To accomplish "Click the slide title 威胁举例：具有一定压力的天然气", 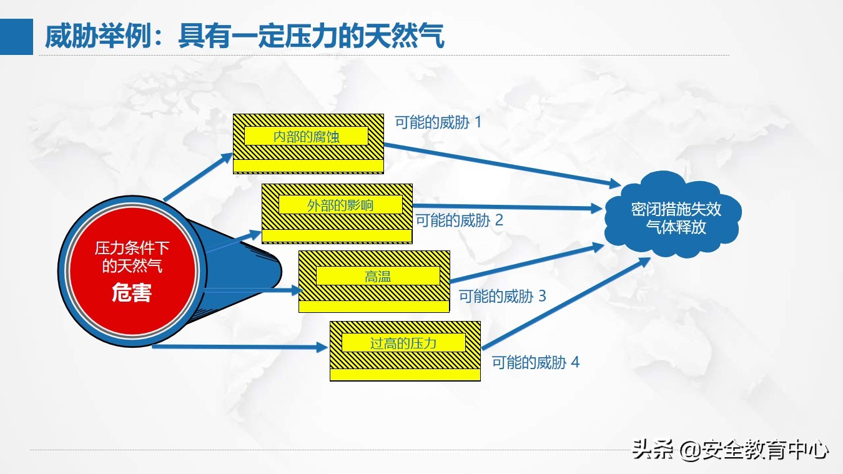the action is [x=245, y=36].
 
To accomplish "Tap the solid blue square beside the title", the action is [x=17, y=36].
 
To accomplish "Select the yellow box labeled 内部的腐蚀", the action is [x=308, y=144].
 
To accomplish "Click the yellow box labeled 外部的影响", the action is [x=337, y=214].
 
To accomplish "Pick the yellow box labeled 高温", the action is [x=374, y=282].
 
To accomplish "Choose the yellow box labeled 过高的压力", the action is [x=405, y=351].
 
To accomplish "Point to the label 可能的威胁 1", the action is [x=438, y=122].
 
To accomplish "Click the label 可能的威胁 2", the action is [x=459, y=220].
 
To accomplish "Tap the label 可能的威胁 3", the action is [x=503, y=296].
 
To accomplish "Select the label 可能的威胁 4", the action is [x=536, y=363].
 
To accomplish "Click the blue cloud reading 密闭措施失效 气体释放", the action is [x=673, y=214].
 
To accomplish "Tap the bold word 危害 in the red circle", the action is [x=132, y=292].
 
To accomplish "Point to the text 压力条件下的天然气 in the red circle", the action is [x=132, y=257].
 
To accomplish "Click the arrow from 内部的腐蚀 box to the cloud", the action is [x=503, y=165].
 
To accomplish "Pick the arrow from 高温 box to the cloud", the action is [x=527, y=263].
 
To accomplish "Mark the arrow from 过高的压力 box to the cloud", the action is [x=566, y=304].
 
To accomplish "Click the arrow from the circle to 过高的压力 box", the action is [x=240, y=347].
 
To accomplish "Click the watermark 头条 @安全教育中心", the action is [x=730, y=450].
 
